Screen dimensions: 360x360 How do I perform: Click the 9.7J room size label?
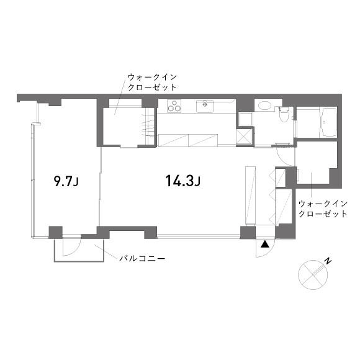click(66, 181)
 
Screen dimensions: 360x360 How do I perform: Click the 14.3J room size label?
click(183, 181)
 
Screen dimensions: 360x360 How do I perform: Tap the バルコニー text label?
click(142, 259)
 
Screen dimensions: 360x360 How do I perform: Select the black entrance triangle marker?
click(264, 245)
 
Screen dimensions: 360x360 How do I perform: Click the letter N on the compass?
click(328, 261)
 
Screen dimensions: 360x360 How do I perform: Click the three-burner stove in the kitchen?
click(174, 106)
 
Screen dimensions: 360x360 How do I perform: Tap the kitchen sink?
click(205, 106)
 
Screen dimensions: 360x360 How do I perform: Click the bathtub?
click(329, 122)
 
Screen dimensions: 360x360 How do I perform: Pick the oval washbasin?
click(265, 106)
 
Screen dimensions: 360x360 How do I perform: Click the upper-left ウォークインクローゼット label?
click(152, 83)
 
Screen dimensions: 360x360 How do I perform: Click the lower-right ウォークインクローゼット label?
click(323, 209)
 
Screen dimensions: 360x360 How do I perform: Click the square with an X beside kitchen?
click(244, 137)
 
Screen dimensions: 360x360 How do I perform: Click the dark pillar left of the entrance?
click(248, 233)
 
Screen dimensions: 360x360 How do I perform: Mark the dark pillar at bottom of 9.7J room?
click(56, 232)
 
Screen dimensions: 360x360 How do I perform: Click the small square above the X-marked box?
click(245, 119)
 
